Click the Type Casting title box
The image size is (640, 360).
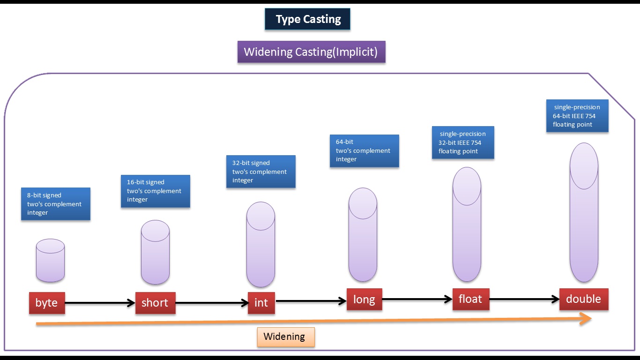307,19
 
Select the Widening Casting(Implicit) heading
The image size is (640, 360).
311,52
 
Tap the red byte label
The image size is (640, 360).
47,303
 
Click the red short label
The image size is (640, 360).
155,303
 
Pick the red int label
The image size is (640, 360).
261,303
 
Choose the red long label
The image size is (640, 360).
364,299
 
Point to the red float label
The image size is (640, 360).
470,299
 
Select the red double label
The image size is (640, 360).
583,299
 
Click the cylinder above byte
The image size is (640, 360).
50,261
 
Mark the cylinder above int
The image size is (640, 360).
260,244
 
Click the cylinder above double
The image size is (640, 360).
584,212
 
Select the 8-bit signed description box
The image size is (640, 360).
55,204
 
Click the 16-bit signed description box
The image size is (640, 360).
156,191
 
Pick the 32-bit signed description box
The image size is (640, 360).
260,172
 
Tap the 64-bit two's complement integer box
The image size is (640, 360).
365,150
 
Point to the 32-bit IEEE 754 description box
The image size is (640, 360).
462,142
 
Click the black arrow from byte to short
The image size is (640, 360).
100,303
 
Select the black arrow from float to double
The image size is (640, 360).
524,300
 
